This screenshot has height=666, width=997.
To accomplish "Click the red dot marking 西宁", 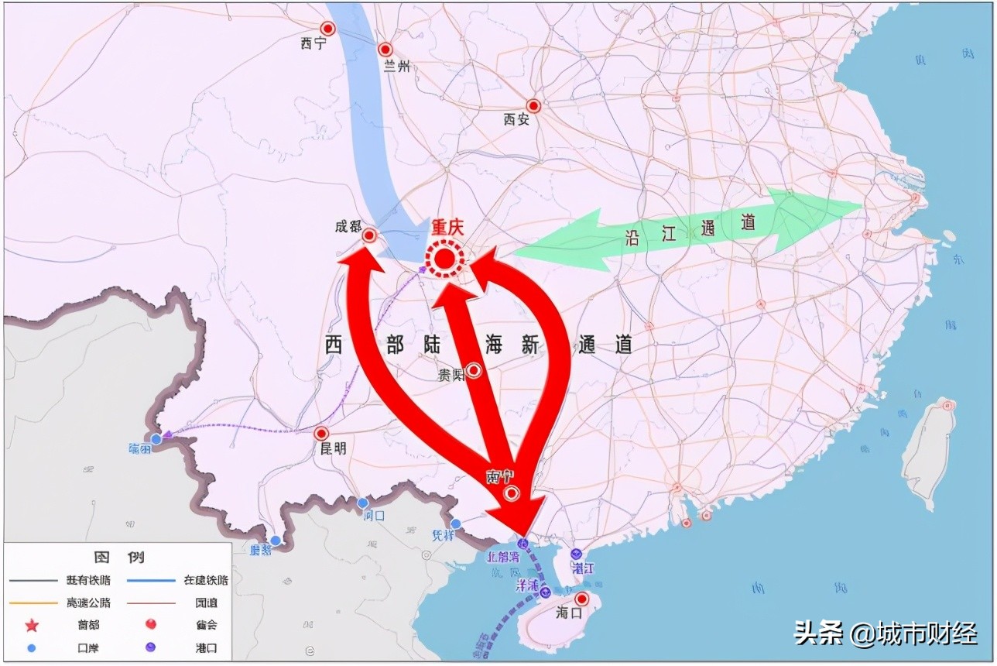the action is point(327,29).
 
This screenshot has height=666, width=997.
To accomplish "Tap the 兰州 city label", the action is point(397,67).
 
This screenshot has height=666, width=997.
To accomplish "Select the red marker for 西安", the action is point(533,105).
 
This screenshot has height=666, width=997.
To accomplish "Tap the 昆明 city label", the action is point(333,449).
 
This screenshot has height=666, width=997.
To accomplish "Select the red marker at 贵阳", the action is point(474,371).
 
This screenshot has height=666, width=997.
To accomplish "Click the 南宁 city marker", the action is point(511,493).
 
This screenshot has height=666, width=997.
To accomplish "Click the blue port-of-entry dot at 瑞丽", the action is point(156,439).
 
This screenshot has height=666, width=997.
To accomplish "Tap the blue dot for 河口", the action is point(362,503).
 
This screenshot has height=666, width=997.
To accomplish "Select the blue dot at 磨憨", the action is point(276,541).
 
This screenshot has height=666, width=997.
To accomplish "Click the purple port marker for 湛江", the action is point(576,554).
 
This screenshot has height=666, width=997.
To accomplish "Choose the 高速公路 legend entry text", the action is point(88,602).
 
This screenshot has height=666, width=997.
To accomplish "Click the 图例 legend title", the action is point(118,557).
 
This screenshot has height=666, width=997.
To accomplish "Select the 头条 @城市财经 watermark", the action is point(885,633).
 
